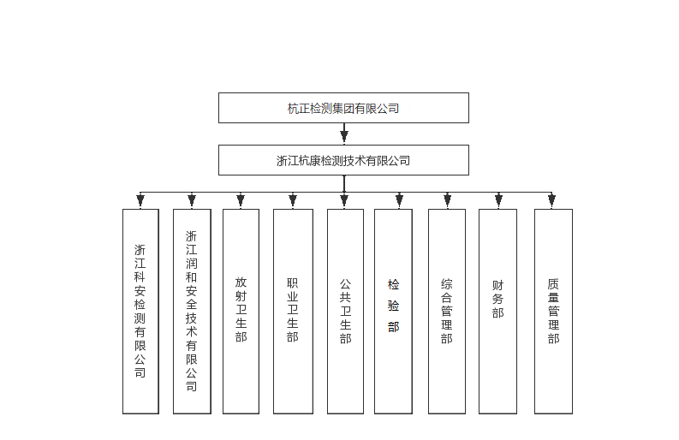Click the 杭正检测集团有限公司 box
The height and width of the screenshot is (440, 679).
pyautogui.click(x=343, y=108)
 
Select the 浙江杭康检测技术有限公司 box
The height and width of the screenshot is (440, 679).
pyautogui.click(x=343, y=160)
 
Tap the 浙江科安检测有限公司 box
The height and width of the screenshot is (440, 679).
pyautogui.click(x=140, y=312)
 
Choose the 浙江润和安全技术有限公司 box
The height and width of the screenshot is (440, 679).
pyautogui.click(x=192, y=312)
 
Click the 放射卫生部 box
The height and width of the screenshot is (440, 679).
pyautogui.click(x=241, y=312)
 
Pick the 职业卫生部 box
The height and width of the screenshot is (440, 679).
pyautogui.click(x=293, y=312)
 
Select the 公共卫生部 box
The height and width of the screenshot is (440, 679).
pyautogui.click(x=345, y=312)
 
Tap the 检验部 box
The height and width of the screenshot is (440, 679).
pyautogui.click(x=393, y=312)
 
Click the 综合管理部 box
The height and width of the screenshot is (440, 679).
pyautogui.click(x=447, y=312)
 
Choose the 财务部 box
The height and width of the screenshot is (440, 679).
pyautogui.click(x=498, y=312)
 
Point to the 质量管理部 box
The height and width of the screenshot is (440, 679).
pyautogui.click(x=553, y=312)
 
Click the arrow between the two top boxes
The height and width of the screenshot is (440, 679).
pyautogui.click(x=344, y=134)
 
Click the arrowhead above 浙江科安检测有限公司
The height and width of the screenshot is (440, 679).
pyautogui.click(x=140, y=200)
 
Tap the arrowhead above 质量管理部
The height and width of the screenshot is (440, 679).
pyautogui.click(x=551, y=200)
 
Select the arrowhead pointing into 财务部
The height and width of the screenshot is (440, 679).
pyautogui.click(x=498, y=200)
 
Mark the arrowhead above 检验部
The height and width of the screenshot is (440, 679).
pyautogui.click(x=399, y=200)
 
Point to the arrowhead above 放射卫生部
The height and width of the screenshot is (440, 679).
pyautogui.click(x=241, y=200)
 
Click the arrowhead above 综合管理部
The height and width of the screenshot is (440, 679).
pyautogui.click(x=447, y=200)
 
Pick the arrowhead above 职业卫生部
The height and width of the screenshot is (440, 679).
pyautogui.click(x=293, y=200)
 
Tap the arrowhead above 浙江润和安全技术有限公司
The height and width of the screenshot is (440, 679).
pyautogui.click(x=192, y=200)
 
